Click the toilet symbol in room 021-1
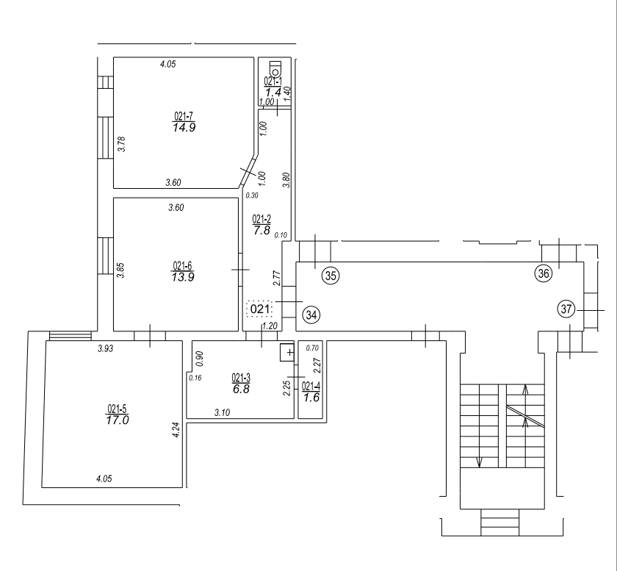click(x=276, y=68)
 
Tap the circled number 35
click(x=331, y=276)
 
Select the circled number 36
click(x=544, y=273)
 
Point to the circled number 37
click(x=566, y=309)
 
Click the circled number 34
click(x=311, y=315)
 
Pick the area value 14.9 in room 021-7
click(x=184, y=128)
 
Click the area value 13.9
click(x=183, y=277)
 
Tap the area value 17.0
click(x=118, y=420)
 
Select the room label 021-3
click(x=241, y=378)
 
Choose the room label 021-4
click(x=311, y=387)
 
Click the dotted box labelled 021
click(x=259, y=309)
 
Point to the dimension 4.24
click(x=176, y=430)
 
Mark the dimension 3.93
click(x=106, y=348)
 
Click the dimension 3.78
click(x=122, y=144)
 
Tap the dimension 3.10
click(x=222, y=413)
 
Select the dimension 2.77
click(x=277, y=278)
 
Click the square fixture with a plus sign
click(x=287, y=353)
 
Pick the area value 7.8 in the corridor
click(x=261, y=230)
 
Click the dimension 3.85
click(x=120, y=270)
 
